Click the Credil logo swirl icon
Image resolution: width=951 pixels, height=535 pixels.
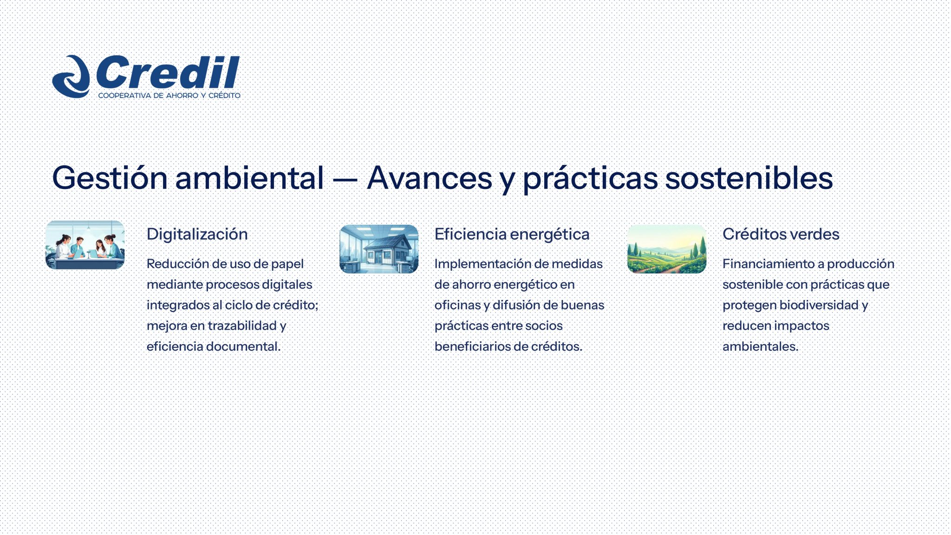coord(71,77)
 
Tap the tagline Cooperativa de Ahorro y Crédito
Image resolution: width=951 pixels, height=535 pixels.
coord(169,96)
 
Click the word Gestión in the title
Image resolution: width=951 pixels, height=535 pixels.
coord(110,178)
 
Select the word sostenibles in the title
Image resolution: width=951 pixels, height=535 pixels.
coord(749,178)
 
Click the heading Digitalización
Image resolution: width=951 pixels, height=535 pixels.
coord(197,234)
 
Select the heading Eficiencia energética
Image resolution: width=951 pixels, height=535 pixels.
coord(512,234)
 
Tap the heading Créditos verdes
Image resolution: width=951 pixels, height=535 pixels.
coord(781,234)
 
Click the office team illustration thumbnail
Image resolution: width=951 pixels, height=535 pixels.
coord(85,245)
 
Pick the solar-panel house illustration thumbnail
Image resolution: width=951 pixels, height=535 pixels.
coord(378,249)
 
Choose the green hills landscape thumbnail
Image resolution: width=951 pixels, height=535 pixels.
coord(666,249)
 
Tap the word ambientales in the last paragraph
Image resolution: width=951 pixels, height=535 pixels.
coord(760,346)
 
